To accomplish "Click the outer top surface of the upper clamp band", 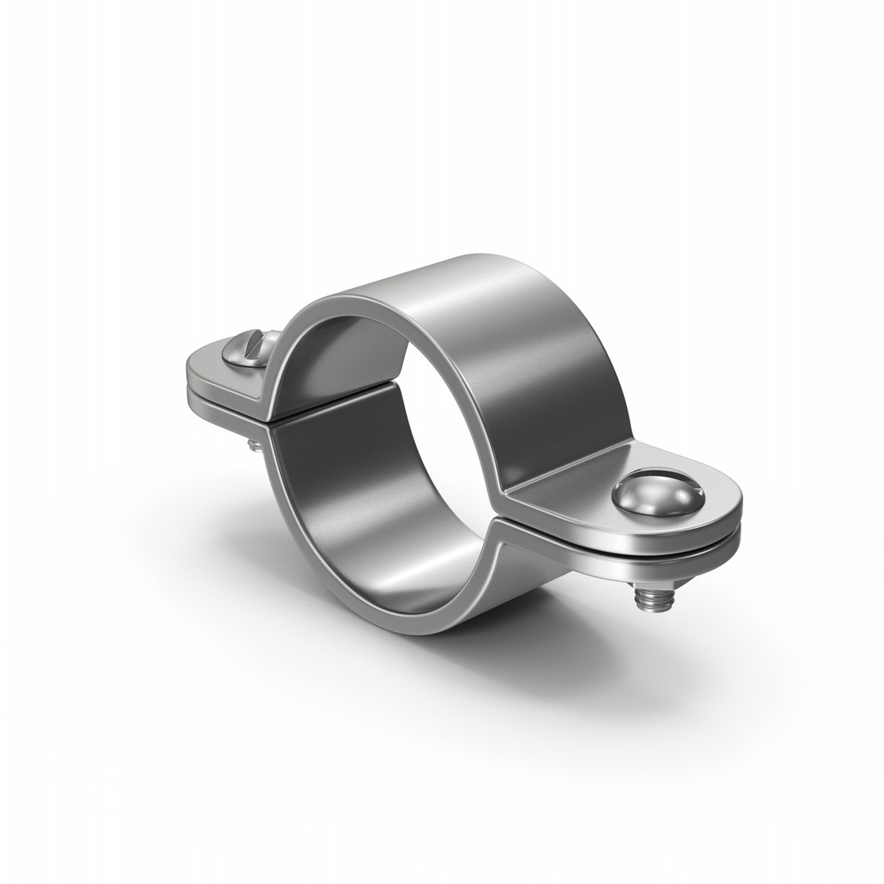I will pyautogui.click(x=491, y=327).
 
